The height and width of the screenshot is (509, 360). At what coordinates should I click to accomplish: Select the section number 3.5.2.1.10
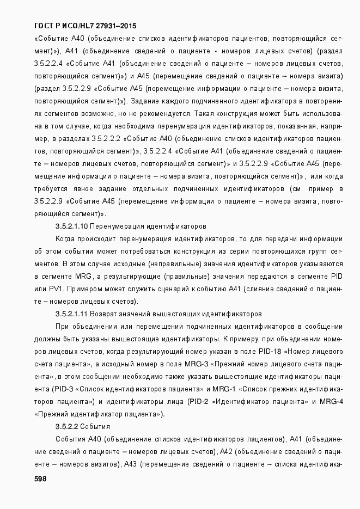pos(71,225)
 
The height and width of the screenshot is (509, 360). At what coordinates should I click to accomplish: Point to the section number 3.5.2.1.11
pos(71,314)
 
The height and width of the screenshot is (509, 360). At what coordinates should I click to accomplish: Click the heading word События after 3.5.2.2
pos(97,426)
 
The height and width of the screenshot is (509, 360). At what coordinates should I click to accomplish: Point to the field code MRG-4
pos(331,401)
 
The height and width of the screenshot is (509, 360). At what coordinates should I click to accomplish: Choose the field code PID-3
pos(64,389)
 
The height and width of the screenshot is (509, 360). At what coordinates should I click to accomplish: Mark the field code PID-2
pos(197,401)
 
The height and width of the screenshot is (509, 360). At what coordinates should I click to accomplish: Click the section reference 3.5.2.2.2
pos(106,138)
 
